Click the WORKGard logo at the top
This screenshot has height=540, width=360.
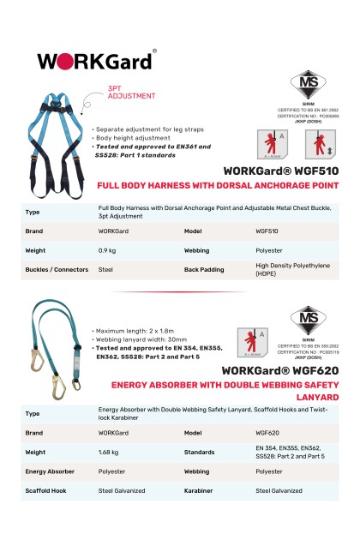tap(96, 61)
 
